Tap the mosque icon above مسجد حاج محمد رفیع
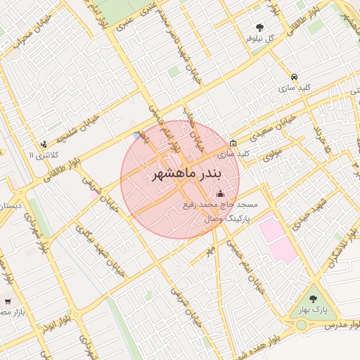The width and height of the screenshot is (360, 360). pyautogui.click(x=220, y=194)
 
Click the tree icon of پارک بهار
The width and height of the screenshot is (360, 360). pyautogui.click(x=313, y=298)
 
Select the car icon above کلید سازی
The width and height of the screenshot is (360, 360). pyautogui.click(x=294, y=76)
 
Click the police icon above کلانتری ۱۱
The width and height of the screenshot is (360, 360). pyautogui.click(x=44, y=144)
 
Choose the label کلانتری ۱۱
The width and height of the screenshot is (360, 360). pyautogui.click(x=41, y=154)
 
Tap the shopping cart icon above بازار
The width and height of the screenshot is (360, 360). pyautogui.click(x=8, y=300)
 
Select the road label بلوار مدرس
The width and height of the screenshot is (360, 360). pyautogui.click(x=341, y=327)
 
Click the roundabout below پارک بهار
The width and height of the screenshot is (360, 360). pyautogui.click(x=302, y=325)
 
